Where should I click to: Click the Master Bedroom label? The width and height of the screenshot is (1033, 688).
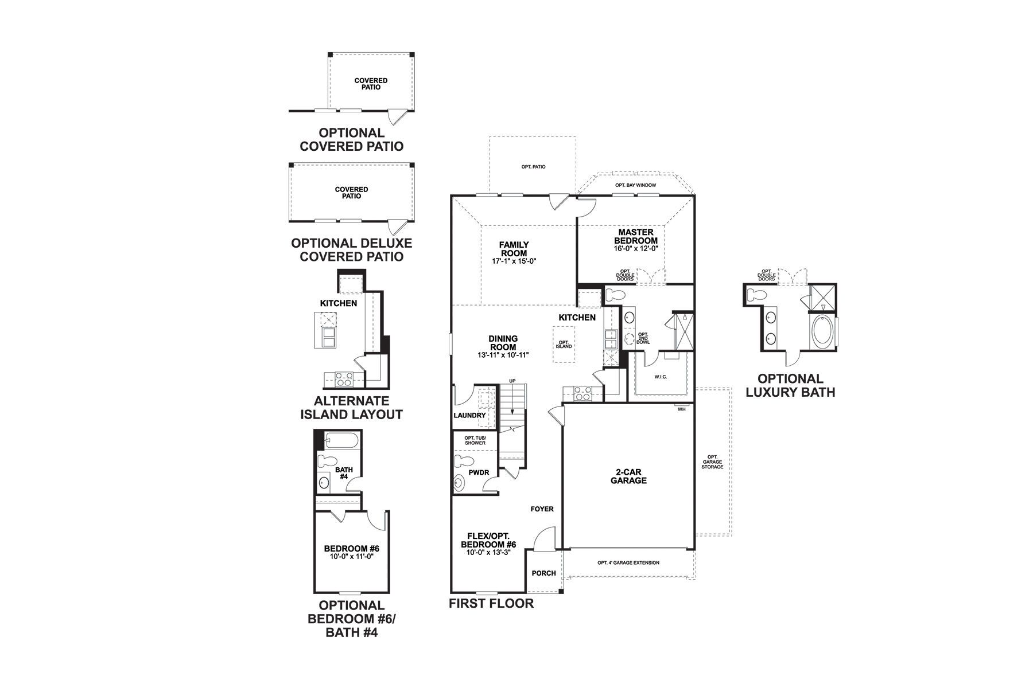(635, 236)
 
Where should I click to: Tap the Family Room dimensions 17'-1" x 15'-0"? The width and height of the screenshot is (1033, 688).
(514, 261)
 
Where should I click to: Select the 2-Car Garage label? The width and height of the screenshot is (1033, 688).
(628, 476)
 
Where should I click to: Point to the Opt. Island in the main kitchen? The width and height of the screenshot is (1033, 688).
(563, 345)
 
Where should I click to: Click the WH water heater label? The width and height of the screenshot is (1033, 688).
(681, 409)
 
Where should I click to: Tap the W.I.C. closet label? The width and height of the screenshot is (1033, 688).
(660, 377)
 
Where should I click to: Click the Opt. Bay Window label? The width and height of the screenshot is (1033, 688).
(635, 185)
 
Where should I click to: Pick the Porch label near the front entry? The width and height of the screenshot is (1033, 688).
(543, 573)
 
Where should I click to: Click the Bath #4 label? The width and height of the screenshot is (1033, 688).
(344, 473)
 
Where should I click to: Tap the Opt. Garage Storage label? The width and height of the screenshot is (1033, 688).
(712, 462)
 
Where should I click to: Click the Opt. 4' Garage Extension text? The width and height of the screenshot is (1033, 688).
(628, 562)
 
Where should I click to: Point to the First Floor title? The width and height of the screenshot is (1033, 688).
(491, 603)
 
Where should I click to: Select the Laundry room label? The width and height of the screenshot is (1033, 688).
(469, 415)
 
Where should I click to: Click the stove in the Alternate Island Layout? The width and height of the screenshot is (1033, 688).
(344, 378)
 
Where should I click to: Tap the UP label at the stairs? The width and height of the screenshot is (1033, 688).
(512, 381)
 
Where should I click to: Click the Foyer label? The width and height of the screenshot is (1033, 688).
(542, 509)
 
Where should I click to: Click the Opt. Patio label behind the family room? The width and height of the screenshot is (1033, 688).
(533, 167)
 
